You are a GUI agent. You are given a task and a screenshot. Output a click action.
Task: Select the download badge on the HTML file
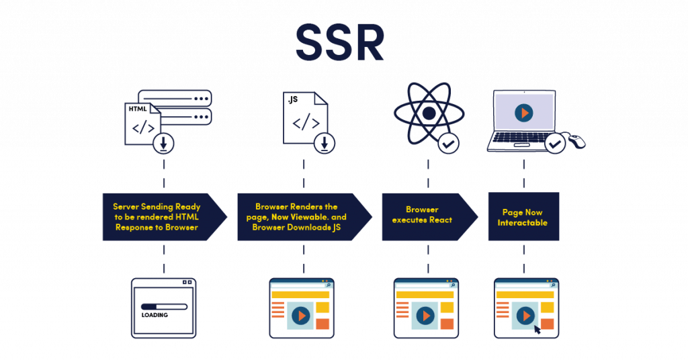click(163, 143)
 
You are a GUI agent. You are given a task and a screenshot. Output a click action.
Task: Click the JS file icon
click(305, 119)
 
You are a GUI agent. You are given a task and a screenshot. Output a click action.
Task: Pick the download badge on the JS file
click(325, 143)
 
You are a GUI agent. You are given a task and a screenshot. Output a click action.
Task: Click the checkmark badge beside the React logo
click(448, 143)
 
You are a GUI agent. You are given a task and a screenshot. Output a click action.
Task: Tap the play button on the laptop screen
click(523, 113)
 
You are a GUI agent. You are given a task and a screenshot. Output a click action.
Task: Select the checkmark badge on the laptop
click(555, 143)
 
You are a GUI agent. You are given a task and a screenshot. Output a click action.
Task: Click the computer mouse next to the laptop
click(576, 140)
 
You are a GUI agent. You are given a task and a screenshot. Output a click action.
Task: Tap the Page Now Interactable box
click(524, 217)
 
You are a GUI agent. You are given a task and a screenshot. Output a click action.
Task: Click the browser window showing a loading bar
click(163, 308)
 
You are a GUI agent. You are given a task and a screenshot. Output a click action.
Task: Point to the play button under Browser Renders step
click(300, 314)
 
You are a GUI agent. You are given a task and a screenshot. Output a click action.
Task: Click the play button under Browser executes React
click(424, 314)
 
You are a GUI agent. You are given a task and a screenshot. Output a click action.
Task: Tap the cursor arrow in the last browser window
click(537, 328)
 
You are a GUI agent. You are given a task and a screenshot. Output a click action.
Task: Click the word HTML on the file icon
click(137, 108)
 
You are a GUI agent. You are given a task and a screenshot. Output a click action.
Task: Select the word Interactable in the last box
click(524, 223)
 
